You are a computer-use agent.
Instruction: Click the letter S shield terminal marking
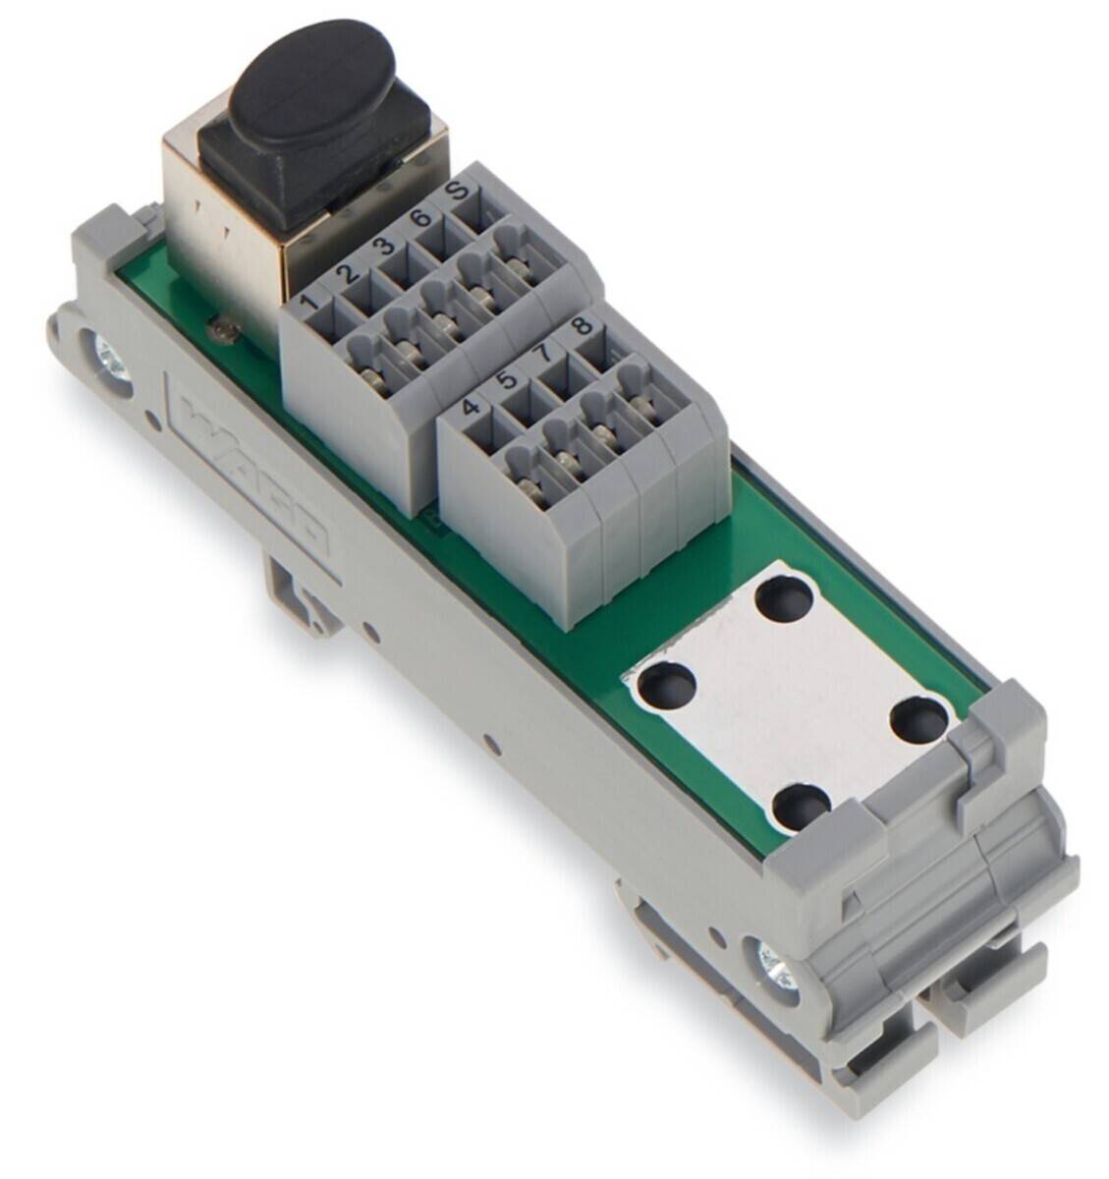pos(456,189)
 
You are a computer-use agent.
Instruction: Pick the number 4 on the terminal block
pos(471,404)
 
